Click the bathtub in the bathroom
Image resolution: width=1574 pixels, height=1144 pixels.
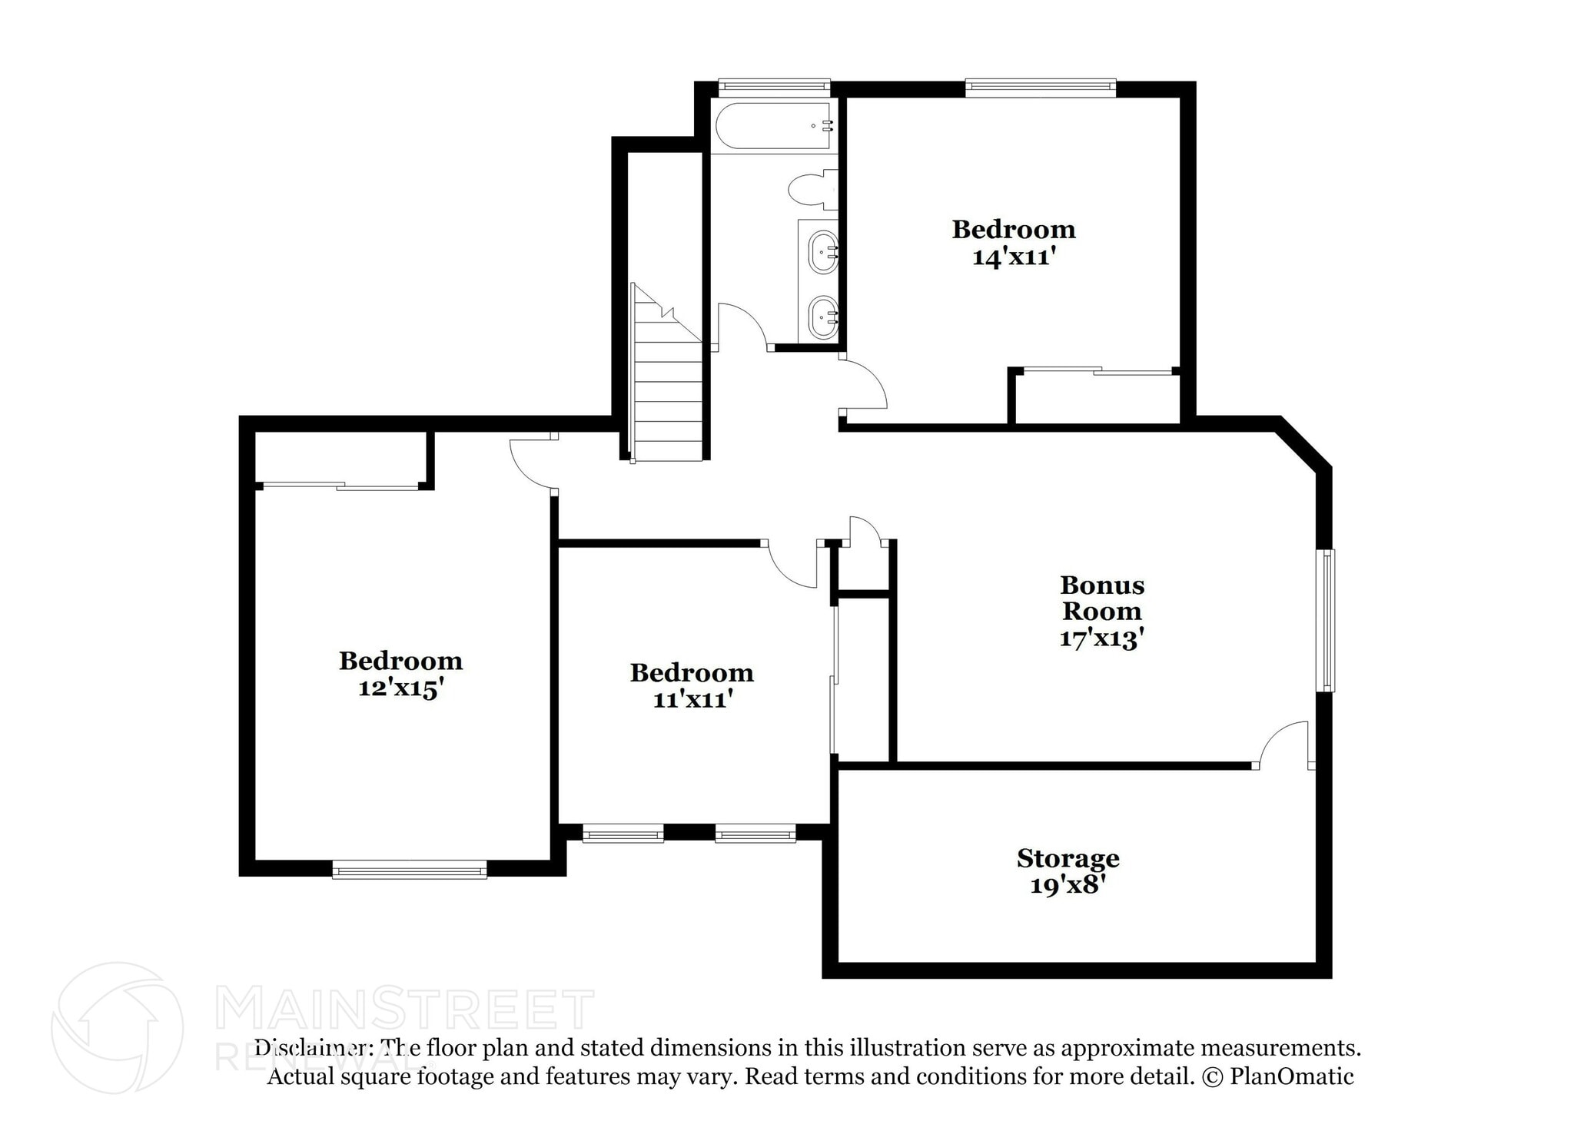click(x=773, y=126)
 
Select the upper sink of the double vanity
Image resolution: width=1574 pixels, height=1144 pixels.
click(x=822, y=251)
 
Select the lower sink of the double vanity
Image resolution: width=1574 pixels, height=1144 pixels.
click(x=822, y=316)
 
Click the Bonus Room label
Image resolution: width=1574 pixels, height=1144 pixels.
click(x=1101, y=599)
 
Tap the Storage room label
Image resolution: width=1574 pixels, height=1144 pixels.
click(x=1068, y=858)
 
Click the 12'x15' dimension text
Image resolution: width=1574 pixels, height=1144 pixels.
click(x=400, y=688)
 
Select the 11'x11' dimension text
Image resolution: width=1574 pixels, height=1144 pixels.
click(x=691, y=699)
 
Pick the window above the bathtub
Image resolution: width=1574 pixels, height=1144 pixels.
click(x=774, y=86)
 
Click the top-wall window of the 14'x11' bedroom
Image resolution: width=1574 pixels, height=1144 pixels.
click(x=1040, y=87)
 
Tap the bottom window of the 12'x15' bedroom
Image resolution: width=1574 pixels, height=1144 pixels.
click(x=410, y=870)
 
